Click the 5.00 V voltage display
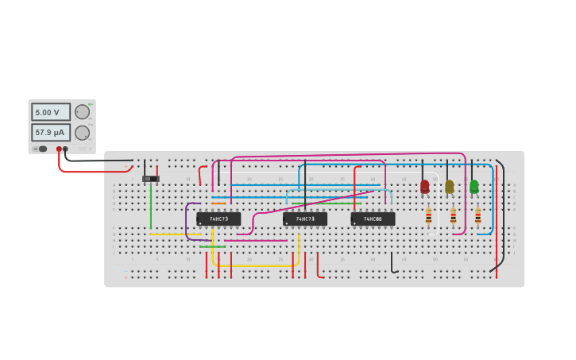(x=50, y=112)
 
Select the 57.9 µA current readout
(x=50, y=132)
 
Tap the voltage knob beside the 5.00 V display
(x=82, y=112)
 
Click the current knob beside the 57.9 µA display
(x=82, y=133)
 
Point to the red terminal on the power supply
(x=59, y=149)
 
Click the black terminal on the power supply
(x=65, y=149)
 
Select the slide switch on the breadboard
(x=151, y=179)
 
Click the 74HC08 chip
(x=373, y=219)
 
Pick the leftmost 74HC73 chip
(x=218, y=219)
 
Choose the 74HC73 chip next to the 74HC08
(x=305, y=219)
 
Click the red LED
(x=425, y=187)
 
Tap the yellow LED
(x=450, y=187)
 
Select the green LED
(x=474, y=187)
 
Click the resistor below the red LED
(x=429, y=215)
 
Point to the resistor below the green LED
(x=478, y=215)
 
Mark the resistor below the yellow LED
(x=454, y=215)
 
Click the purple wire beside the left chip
(x=187, y=221)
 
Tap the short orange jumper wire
(x=218, y=203)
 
